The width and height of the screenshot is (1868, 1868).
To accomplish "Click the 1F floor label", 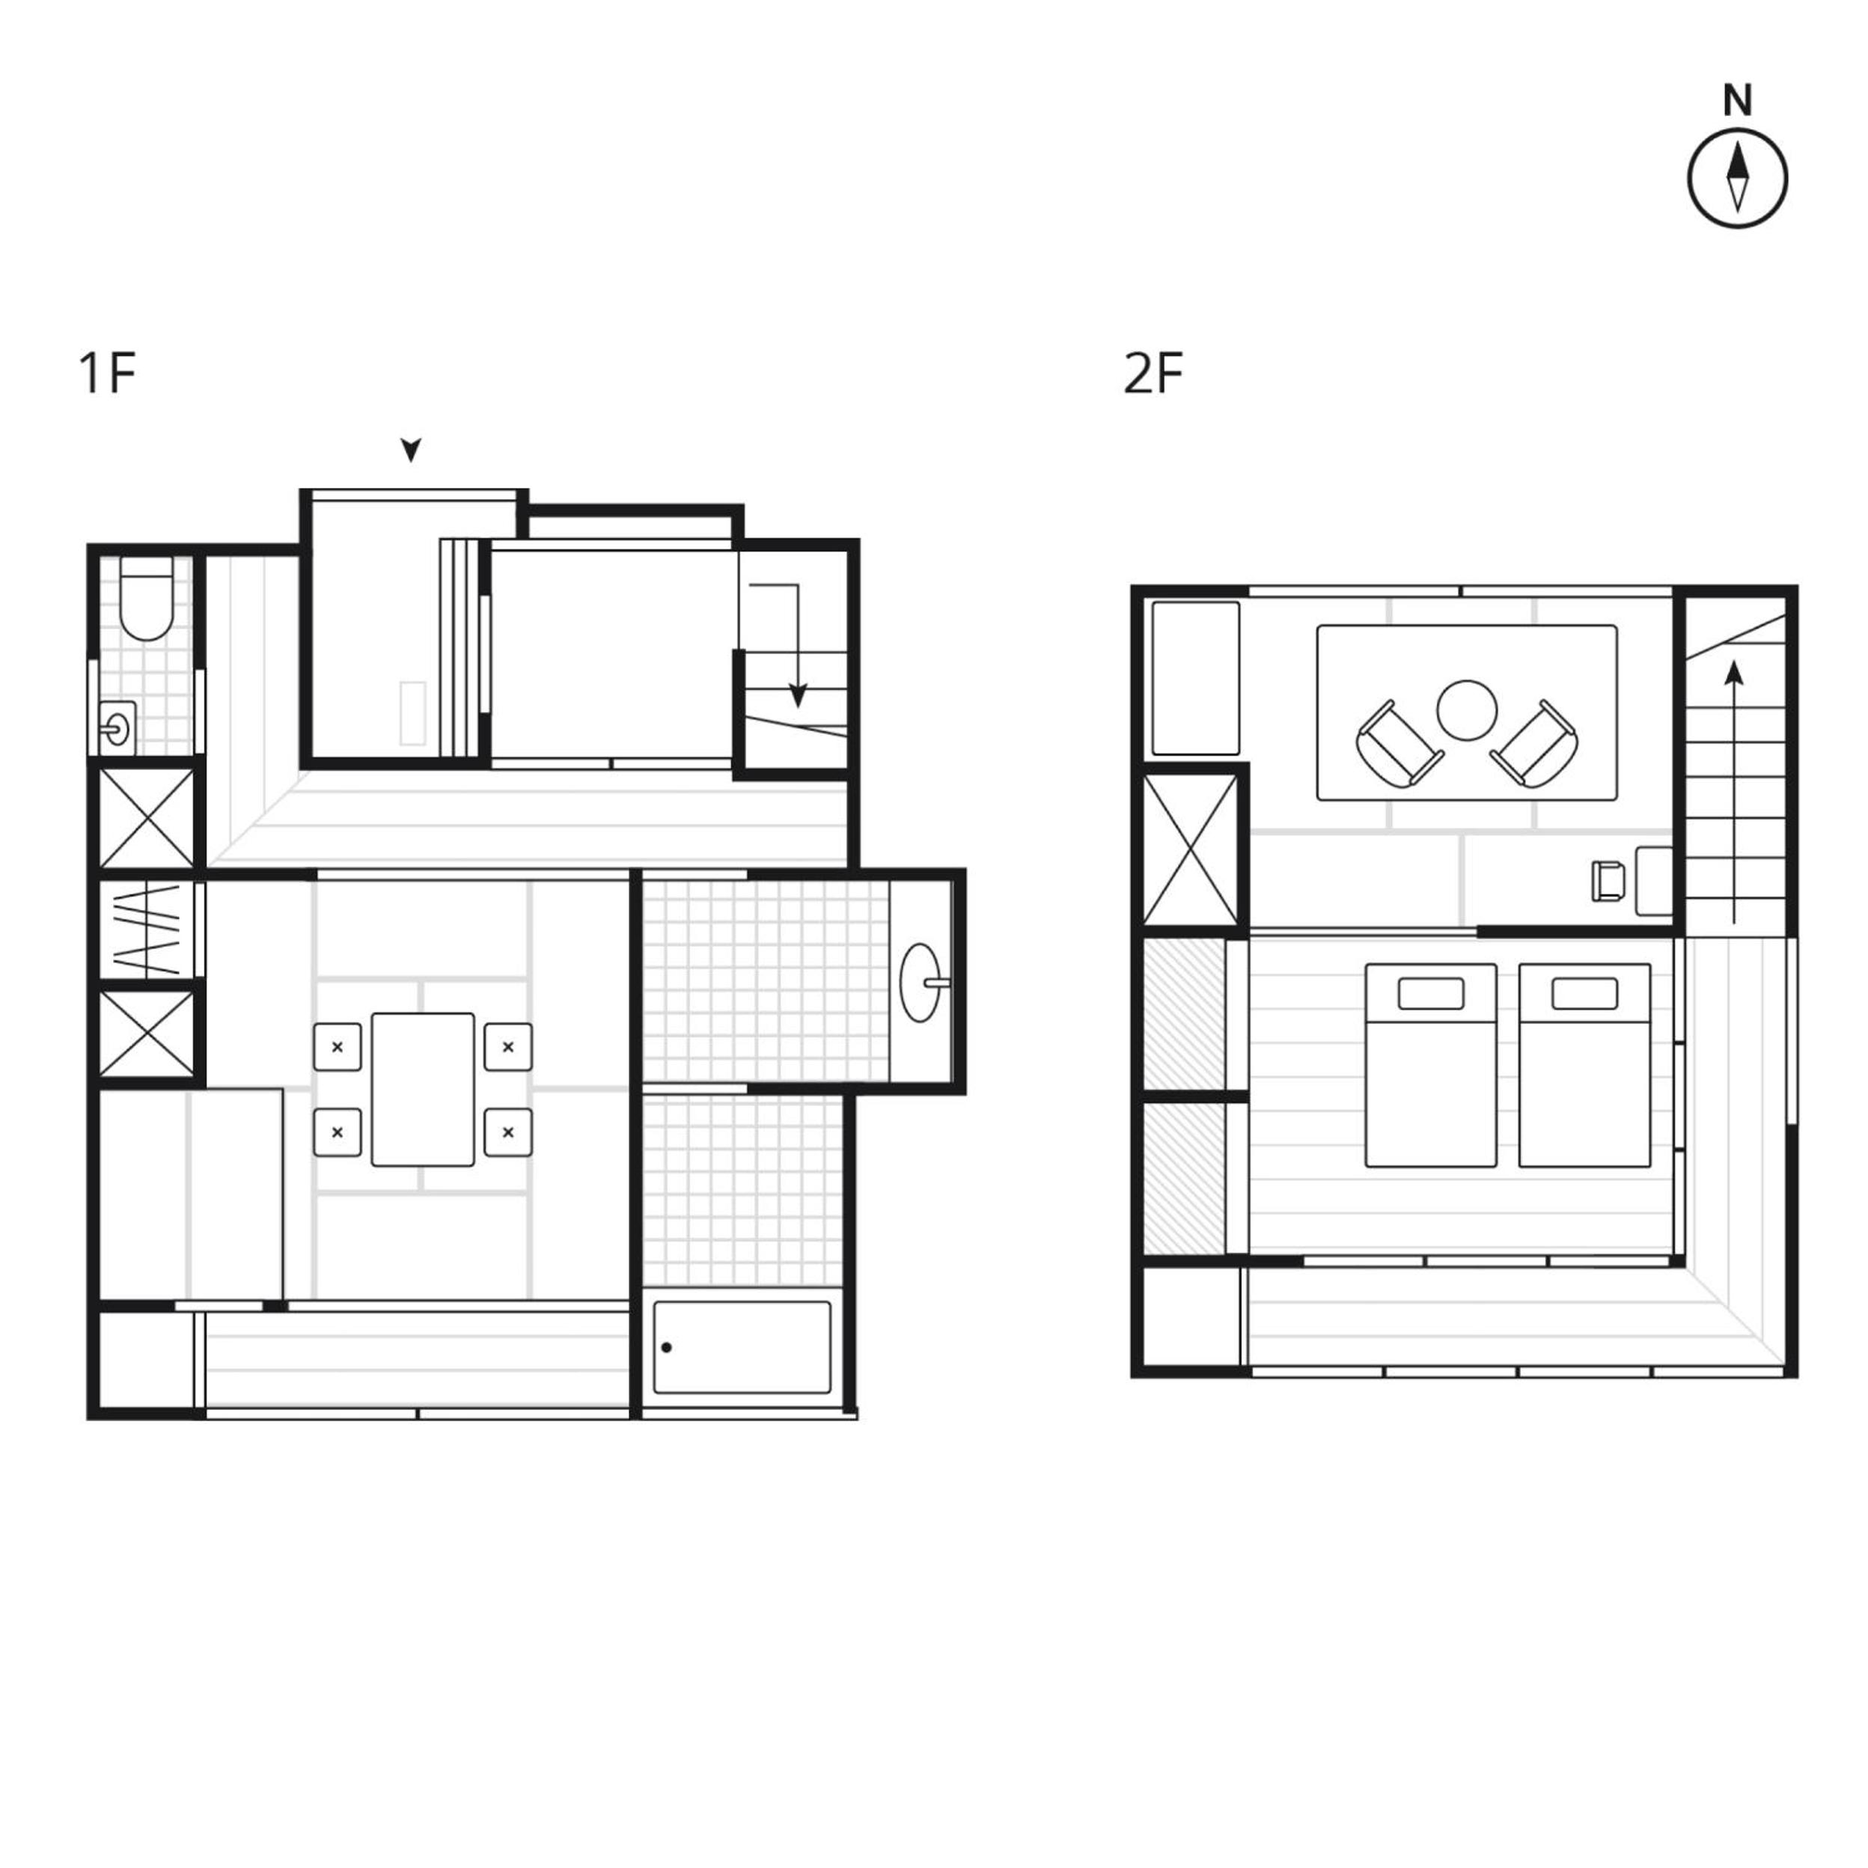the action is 106,374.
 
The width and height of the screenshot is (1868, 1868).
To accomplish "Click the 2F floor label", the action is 1153,374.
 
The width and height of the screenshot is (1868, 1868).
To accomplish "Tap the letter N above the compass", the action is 1738,100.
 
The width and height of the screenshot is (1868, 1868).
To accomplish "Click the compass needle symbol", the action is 1738,179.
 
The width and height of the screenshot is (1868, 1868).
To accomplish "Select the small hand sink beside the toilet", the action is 117,727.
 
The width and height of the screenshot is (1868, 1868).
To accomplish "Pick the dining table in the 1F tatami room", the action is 423,1090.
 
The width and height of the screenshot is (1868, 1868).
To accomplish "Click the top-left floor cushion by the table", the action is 338,1047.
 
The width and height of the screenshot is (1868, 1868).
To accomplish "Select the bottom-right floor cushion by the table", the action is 507,1132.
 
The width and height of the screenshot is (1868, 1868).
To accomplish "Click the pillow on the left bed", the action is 1431,993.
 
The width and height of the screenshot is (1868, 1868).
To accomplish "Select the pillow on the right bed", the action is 1584,993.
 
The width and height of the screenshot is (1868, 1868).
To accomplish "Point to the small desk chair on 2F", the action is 1608,881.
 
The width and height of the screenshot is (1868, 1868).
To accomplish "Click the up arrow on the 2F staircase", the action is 1735,792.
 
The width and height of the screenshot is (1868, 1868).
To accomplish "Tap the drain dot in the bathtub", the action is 666,1348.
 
